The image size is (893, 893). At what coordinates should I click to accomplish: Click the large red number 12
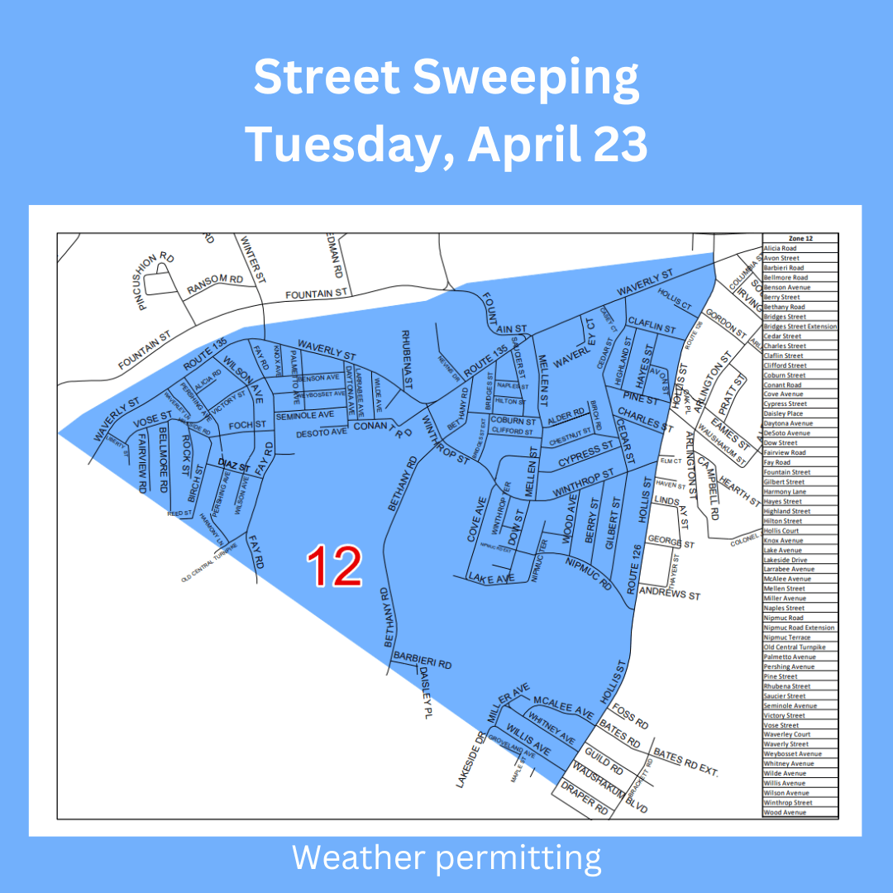[x=335, y=566]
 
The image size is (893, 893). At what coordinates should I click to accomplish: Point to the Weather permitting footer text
[x=446, y=858]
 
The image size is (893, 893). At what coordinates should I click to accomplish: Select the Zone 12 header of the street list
[x=800, y=238]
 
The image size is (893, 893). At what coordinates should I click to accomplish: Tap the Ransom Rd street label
[x=215, y=283]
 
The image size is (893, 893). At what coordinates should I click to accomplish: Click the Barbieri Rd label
[x=422, y=663]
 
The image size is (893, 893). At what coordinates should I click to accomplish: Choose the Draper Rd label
[x=585, y=801]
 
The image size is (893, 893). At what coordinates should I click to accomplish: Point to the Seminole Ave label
[x=304, y=413]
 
